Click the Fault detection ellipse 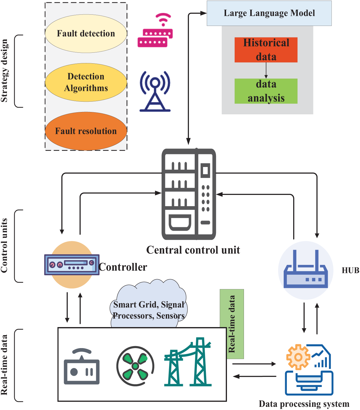[x=86, y=33]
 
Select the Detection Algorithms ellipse [x=86, y=82]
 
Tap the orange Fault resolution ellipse [x=86, y=131]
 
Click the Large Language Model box [x=269, y=13]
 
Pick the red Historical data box [x=266, y=50]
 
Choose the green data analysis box [x=266, y=91]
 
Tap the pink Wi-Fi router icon [x=155, y=30]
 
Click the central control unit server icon [x=189, y=194]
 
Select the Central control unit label [x=193, y=250]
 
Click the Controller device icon [x=72, y=265]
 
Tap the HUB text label [x=350, y=270]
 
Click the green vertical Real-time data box [x=232, y=324]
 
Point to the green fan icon [x=135, y=366]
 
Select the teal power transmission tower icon [x=188, y=362]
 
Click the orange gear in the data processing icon [x=298, y=357]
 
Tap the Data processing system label [x=304, y=404]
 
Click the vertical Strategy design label [x=4, y=71]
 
